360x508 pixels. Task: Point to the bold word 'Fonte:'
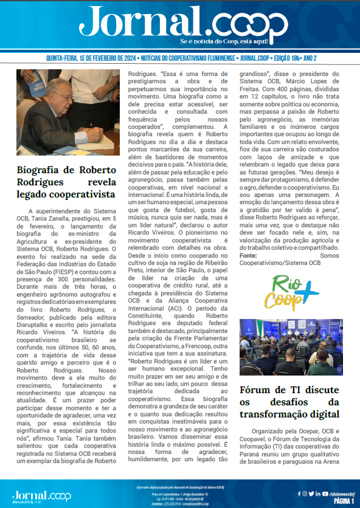249,239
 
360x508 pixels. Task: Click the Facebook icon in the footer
299,493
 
